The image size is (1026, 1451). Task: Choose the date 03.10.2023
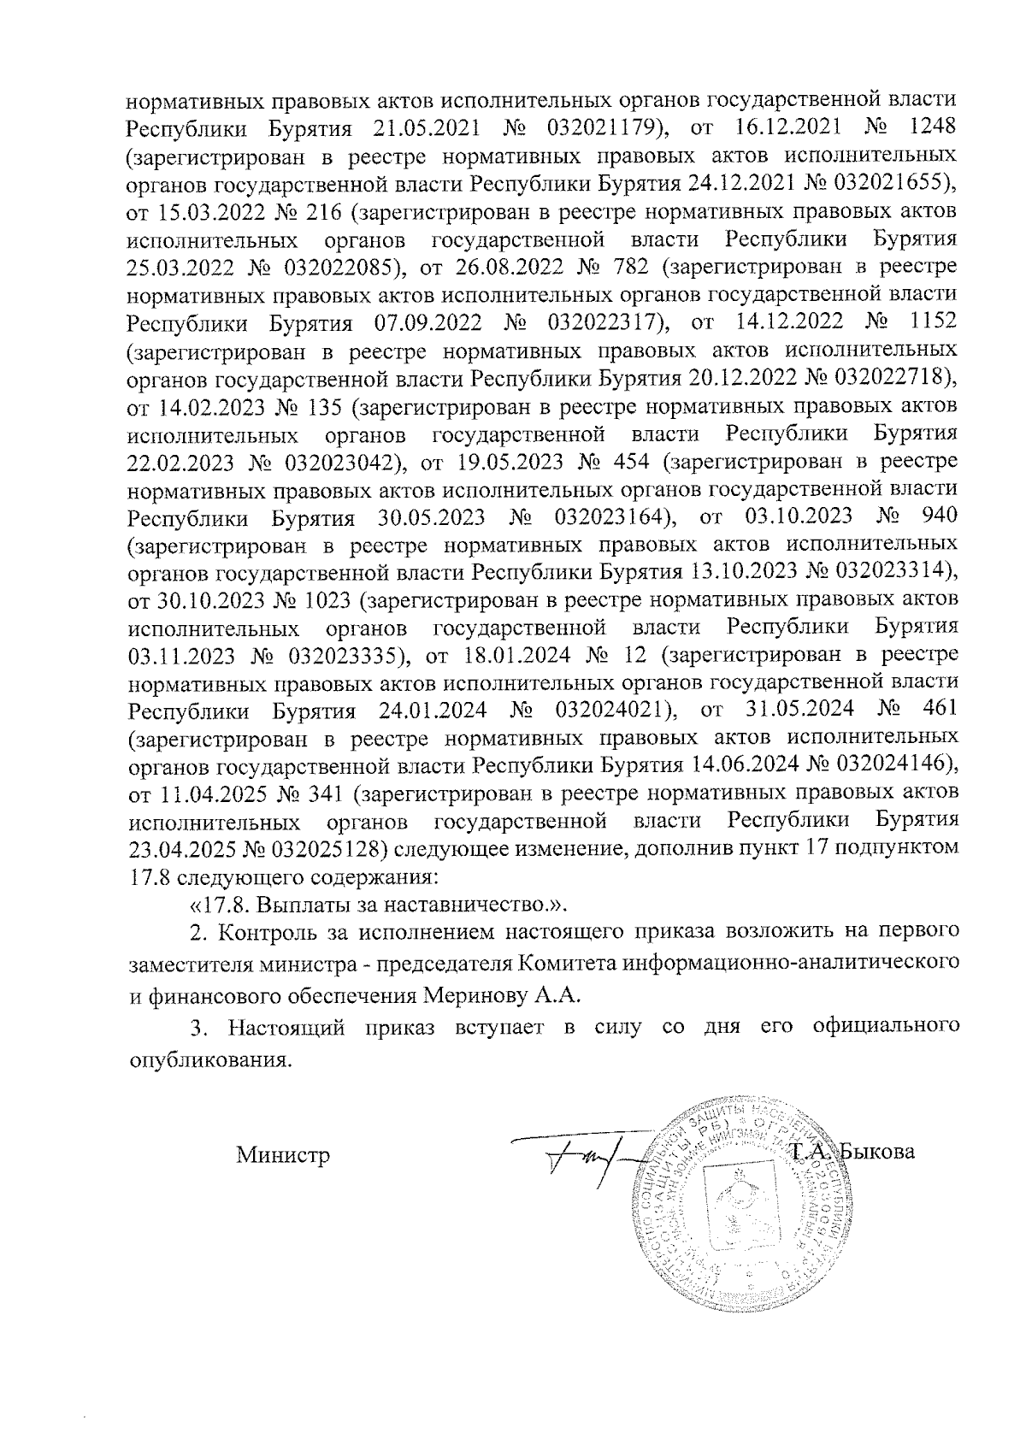(794, 517)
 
